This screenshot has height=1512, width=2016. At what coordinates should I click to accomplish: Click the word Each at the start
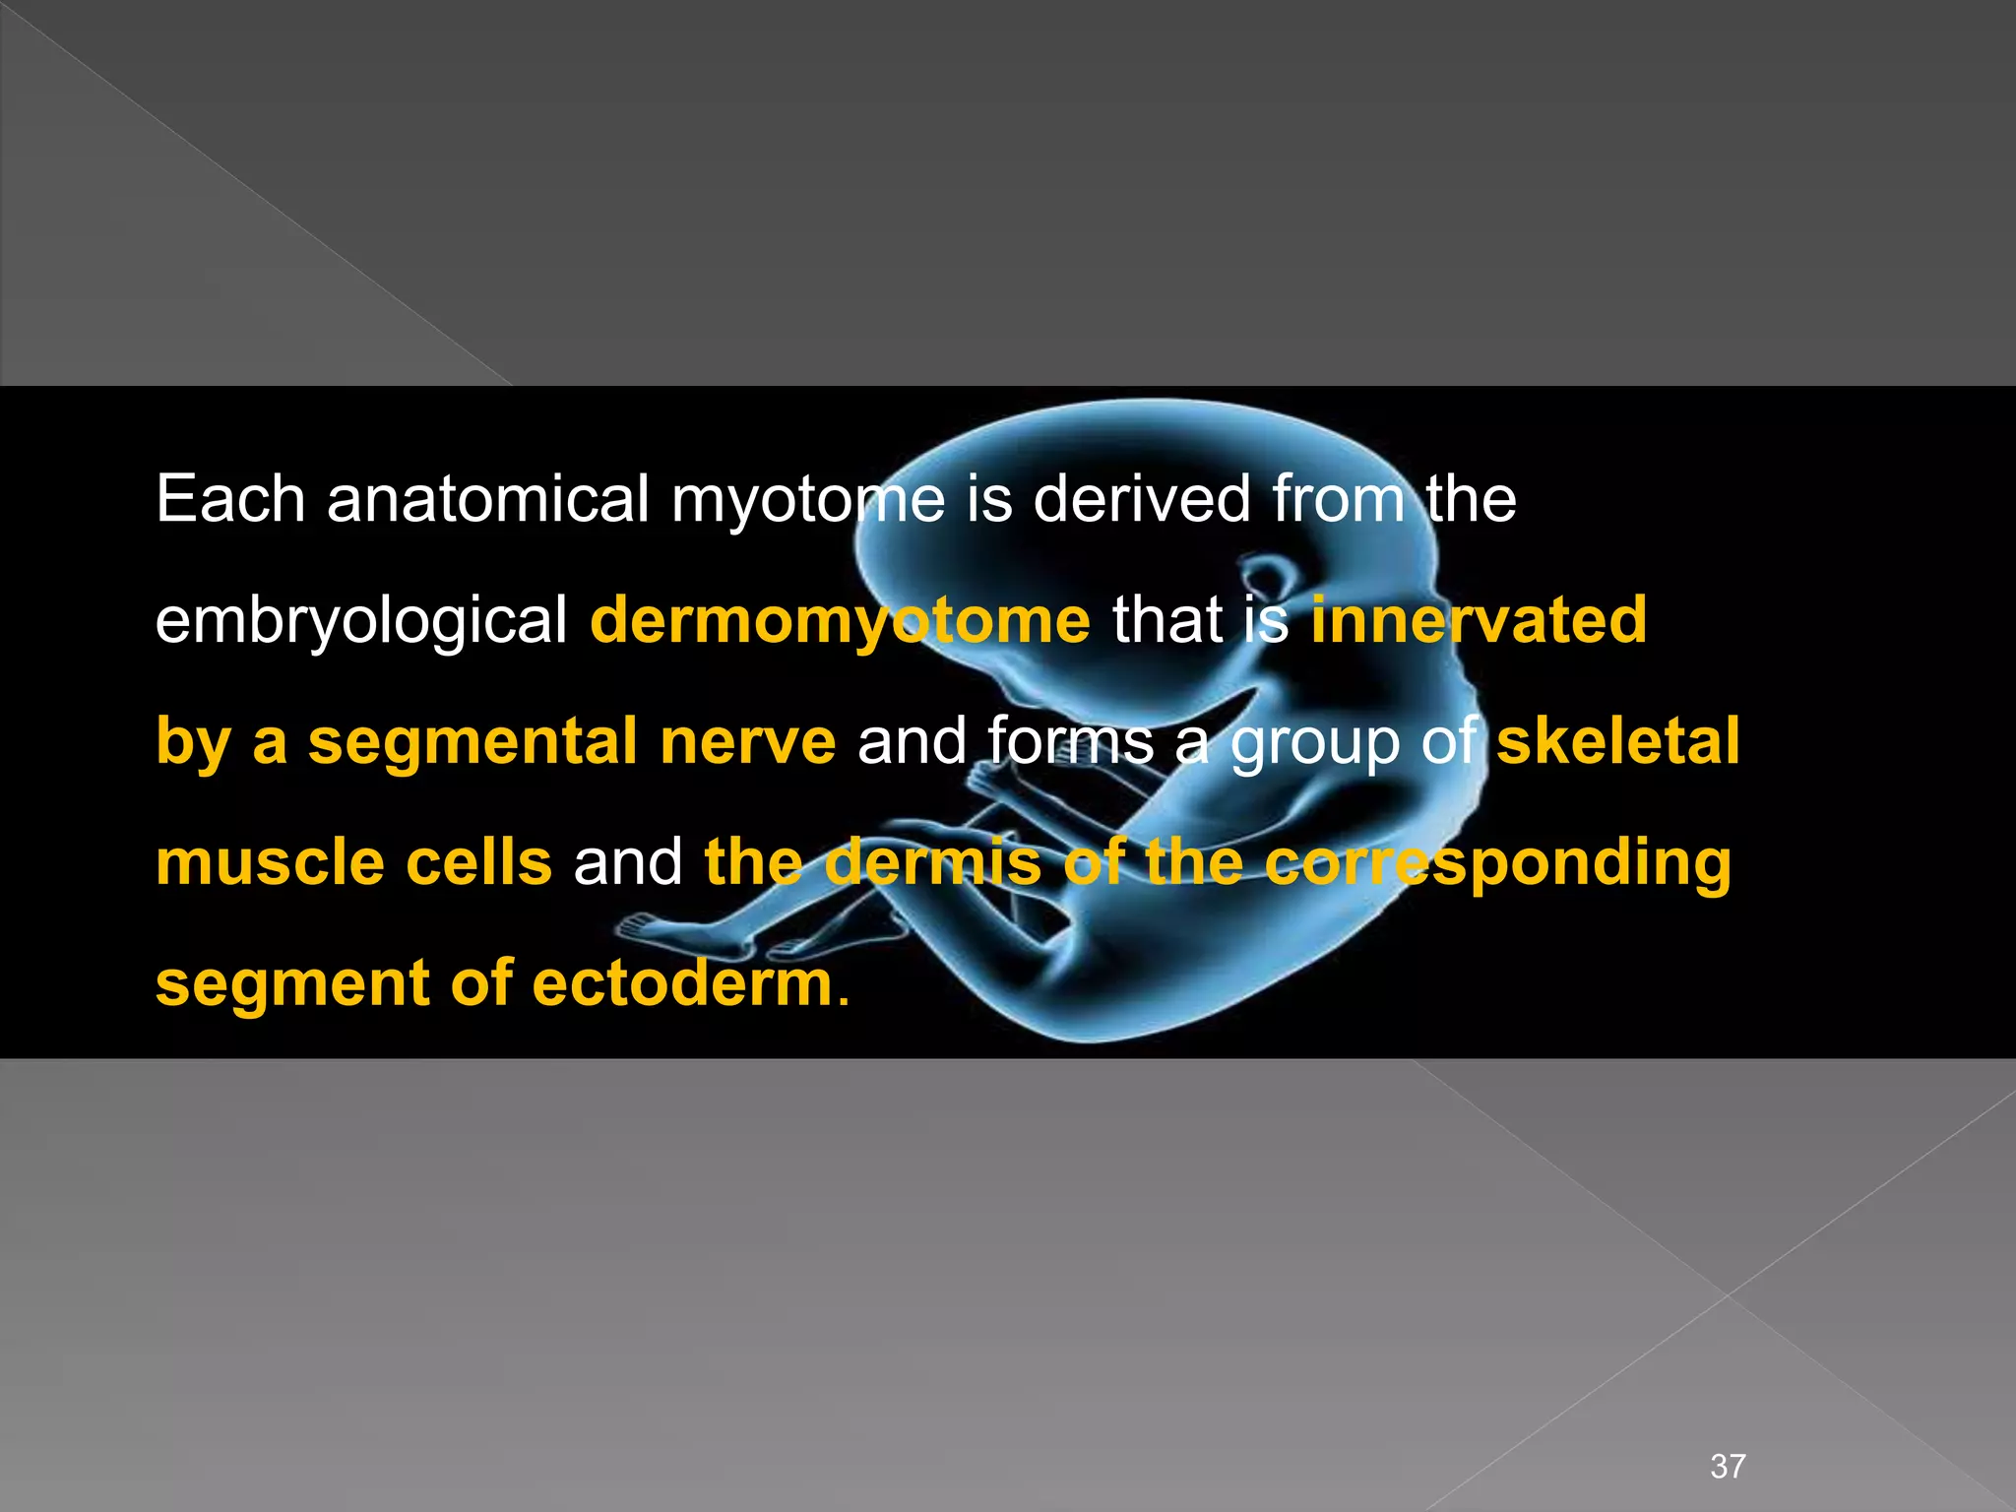(230, 499)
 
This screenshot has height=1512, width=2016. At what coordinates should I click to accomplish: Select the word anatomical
(487, 499)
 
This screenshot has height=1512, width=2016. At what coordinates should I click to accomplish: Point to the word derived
(1141, 499)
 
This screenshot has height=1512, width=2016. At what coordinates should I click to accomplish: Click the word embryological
(361, 622)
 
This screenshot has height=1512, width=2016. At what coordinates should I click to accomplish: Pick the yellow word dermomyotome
(840, 620)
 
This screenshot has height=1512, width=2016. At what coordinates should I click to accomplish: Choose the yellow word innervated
(1479, 620)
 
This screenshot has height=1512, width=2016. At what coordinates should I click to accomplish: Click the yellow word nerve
(747, 742)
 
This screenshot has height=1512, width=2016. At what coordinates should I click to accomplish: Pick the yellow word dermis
(932, 863)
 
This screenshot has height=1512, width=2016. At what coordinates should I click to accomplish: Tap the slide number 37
(1728, 1467)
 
